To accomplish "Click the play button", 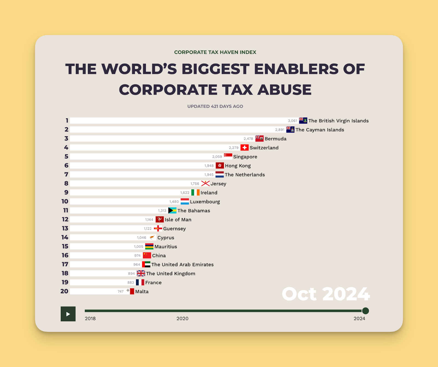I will point(68,314).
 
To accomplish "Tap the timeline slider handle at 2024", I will point(365,311).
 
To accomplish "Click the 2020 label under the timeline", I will point(182,318).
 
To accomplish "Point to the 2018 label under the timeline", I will point(90,318).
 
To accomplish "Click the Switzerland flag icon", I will point(244,147).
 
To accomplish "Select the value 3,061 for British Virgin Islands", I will point(292,121).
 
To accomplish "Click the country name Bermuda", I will point(275,139).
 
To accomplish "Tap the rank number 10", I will point(65,201).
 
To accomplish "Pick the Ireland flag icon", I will point(195,192).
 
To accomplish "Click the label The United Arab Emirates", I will point(182,264).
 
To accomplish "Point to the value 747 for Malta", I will point(120,292).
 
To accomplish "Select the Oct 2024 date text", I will point(326,294).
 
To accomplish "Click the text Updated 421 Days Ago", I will point(215,106).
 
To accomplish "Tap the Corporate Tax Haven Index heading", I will point(215,52).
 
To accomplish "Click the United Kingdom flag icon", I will point(141,273).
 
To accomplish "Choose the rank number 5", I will point(66,157).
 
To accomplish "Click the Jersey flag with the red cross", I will point(205,183).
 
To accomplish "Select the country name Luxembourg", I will point(205,202).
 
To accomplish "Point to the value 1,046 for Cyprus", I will point(142,238).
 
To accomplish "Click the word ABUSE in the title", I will point(284,90).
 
